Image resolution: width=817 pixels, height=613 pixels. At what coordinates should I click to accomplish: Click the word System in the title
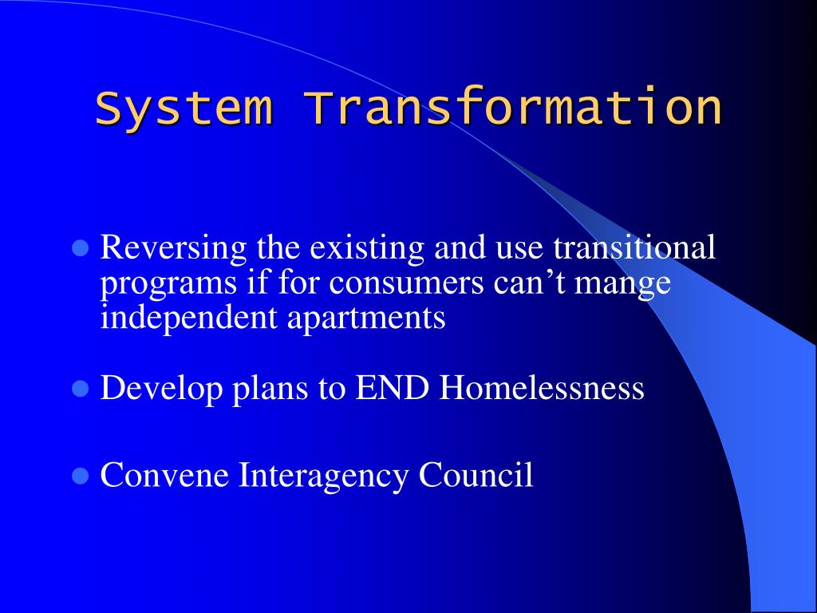coord(183,109)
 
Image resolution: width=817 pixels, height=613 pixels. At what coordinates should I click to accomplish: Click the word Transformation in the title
coord(513,109)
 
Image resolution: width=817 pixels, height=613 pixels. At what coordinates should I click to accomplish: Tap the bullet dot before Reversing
coord(79,249)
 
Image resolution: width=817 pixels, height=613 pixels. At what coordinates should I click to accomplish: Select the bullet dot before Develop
coord(79,390)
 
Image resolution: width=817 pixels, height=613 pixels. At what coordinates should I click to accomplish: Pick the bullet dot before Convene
coord(79,477)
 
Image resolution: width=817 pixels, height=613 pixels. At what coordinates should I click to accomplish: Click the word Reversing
coord(174,249)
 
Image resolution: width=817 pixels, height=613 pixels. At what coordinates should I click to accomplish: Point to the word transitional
coord(634,248)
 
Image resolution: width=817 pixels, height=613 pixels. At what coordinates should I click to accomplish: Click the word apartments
coord(365,318)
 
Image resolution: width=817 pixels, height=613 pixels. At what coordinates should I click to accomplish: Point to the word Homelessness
coord(542,389)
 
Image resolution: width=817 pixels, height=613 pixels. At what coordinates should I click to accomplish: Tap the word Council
coord(476,476)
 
